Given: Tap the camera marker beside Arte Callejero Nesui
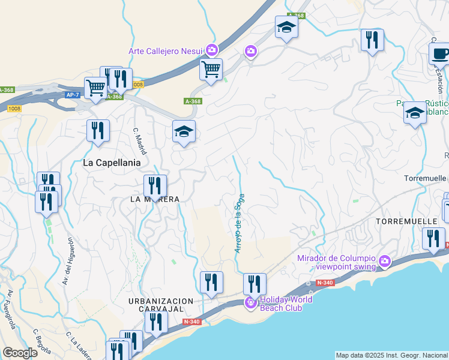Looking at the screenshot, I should [x=211, y=50].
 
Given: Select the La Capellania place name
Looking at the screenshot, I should [x=112, y=162].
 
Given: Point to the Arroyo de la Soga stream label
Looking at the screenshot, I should [x=239, y=221].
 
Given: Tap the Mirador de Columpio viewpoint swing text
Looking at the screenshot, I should [x=336, y=263].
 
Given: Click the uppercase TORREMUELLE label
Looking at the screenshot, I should [x=406, y=221].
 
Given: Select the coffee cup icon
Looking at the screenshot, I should [x=439, y=54].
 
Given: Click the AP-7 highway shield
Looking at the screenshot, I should [x=72, y=95].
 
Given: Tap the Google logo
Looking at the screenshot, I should [x=20, y=353].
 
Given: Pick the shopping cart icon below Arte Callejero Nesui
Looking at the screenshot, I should [x=211, y=70].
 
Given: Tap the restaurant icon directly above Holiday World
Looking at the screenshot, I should [x=255, y=283].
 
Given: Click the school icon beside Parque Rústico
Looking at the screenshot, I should [x=415, y=112].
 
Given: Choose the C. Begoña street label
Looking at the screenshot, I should [x=44, y=340].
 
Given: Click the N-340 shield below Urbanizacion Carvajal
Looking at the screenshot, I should [x=191, y=322].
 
